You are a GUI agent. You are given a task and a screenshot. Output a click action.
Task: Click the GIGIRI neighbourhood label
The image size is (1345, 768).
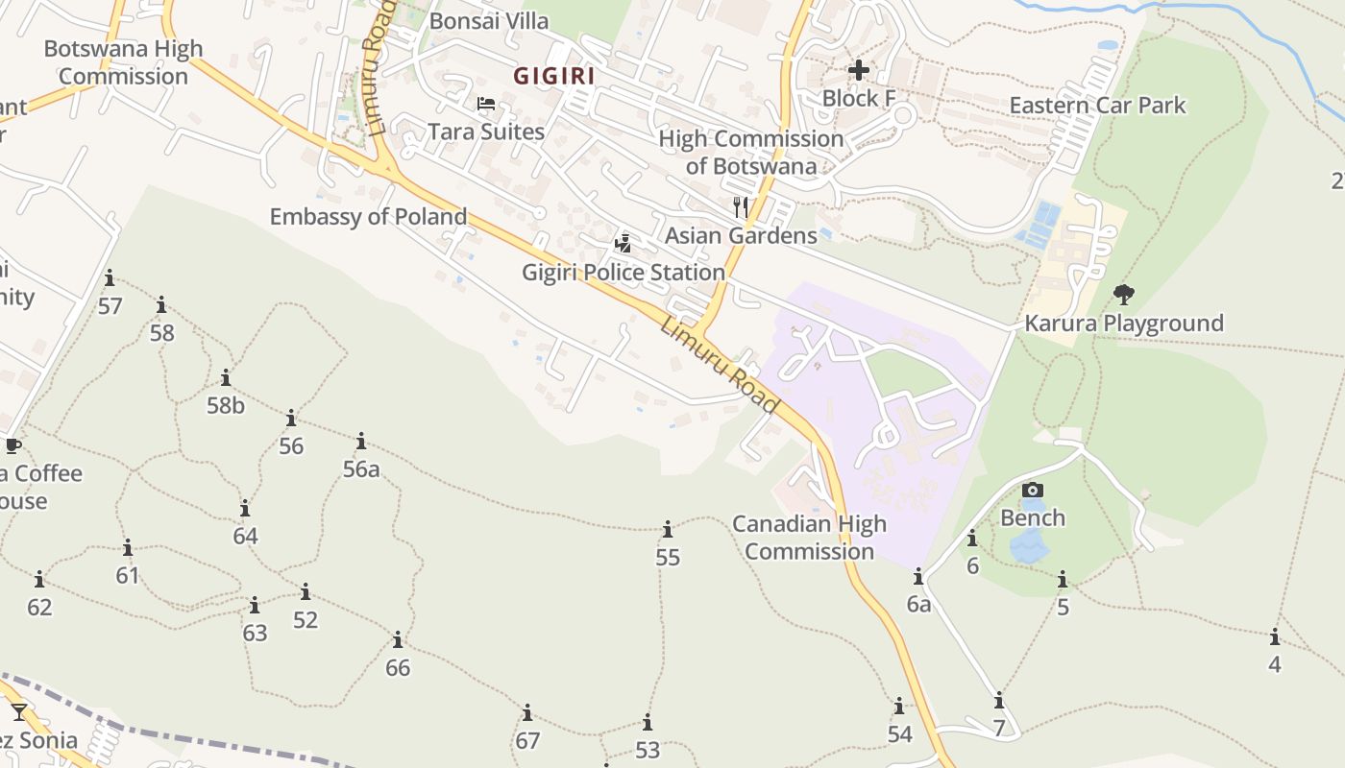[553, 76]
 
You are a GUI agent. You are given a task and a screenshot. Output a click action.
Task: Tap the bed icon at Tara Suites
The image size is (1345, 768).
[486, 104]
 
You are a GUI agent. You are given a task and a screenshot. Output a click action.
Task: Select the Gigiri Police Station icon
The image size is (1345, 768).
[624, 244]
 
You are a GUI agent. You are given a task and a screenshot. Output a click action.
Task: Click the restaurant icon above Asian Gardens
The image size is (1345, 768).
[741, 206]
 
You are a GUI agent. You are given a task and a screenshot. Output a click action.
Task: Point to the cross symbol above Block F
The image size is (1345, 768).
[859, 70]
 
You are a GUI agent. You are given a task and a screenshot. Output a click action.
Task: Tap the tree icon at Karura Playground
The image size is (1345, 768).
[1123, 295]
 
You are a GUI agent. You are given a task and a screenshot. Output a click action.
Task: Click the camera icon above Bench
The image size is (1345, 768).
[1033, 491]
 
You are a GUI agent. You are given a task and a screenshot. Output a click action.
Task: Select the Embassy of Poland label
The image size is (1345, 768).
[368, 217]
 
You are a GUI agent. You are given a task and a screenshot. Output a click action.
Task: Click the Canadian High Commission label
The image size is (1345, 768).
[809, 538]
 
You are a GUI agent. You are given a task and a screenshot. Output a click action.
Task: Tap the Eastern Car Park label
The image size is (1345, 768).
[1097, 106]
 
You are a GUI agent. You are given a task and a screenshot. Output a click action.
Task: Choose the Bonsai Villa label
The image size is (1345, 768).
[489, 21]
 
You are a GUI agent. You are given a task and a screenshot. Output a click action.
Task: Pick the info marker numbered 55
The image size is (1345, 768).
[668, 530]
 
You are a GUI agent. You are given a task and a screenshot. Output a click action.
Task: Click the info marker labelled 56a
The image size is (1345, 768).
[361, 442]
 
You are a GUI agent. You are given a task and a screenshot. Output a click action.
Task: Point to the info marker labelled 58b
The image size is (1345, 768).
[226, 378]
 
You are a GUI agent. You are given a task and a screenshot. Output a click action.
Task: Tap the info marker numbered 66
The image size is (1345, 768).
[398, 640]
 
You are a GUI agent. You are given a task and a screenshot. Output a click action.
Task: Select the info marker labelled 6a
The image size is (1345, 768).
[918, 577]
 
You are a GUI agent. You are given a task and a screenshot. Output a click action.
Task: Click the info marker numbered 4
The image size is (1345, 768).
[1275, 637]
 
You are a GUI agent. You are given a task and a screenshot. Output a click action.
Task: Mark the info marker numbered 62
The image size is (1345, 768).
[39, 580]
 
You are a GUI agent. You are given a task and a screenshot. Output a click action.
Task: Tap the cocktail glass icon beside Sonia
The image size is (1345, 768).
[19, 712]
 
